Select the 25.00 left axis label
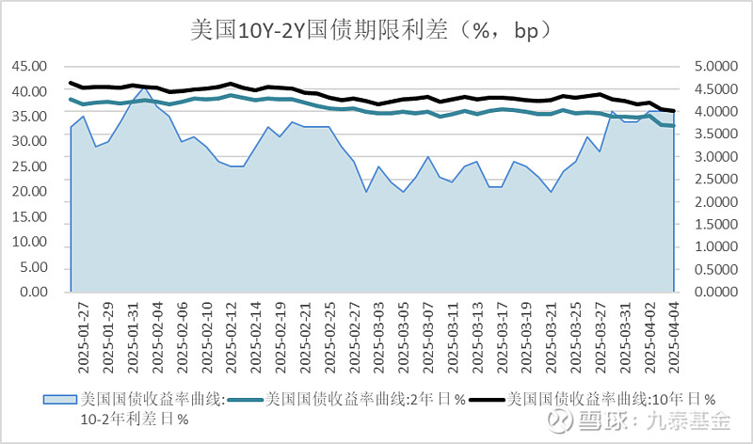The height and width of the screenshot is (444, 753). pyautogui.click(x=28, y=166)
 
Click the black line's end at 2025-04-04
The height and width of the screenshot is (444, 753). pyautogui.click(x=673, y=111)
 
